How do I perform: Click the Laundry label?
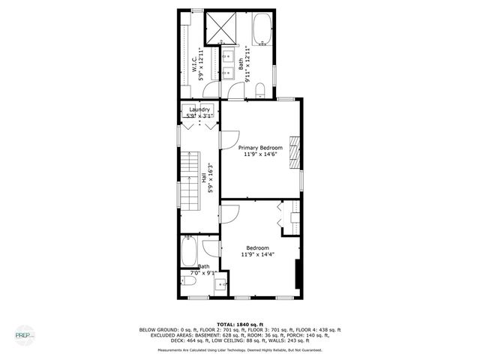pyautogui.click(x=199, y=110)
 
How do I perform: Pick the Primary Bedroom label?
pyautogui.click(x=260, y=148)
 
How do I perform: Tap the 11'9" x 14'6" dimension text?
pyautogui.click(x=260, y=154)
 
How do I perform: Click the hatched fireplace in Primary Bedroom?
pyautogui.click(x=295, y=153)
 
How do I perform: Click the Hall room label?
pyautogui.click(x=203, y=178)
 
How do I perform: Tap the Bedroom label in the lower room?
pyautogui.click(x=259, y=248)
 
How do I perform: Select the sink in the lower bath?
pyautogui.click(x=220, y=283)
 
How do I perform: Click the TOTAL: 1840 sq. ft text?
pyautogui.click(x=240, y=323)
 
